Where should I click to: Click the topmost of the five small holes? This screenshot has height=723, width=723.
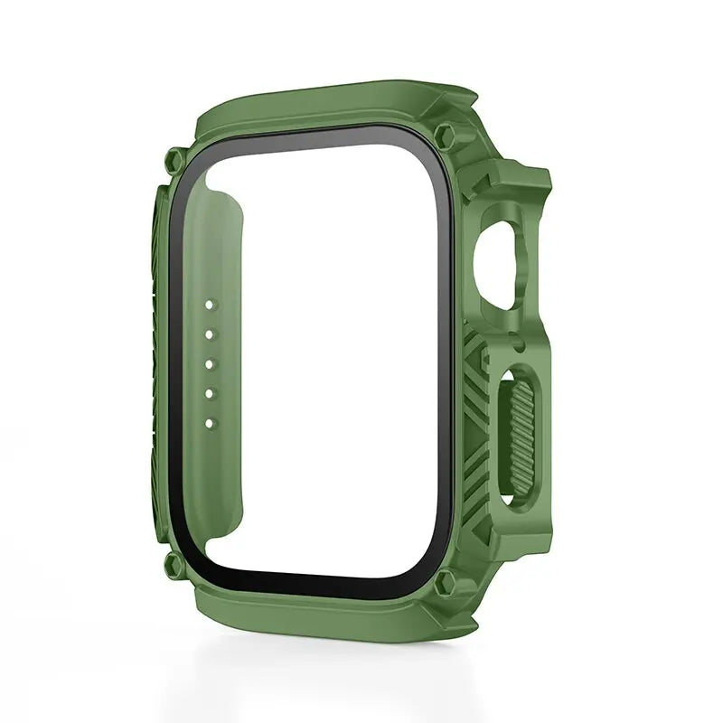tap(210, 308)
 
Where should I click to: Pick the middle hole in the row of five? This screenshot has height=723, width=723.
tap(210, 365)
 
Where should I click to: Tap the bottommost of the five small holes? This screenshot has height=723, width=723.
tap(210, 422)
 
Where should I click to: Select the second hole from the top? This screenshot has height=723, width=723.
tap(210, 336)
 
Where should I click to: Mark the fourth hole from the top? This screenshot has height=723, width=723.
tap(210, 394)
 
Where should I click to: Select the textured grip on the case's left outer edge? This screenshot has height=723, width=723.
tap(155, 361)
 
